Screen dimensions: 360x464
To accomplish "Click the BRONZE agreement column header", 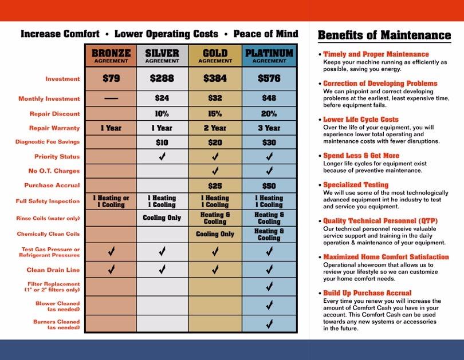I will coord(111,56).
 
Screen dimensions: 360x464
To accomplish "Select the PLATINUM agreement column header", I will coord(269,56).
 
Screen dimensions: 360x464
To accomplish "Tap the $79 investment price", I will coord(111,78).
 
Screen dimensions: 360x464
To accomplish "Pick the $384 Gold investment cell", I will coord(215,78).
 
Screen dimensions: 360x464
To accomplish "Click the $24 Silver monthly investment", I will coord(162,98).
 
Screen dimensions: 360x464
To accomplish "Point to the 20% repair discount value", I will coord(269,113).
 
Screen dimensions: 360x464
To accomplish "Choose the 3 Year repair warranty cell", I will coord(269,128).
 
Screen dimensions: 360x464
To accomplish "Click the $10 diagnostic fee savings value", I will coord(162,142).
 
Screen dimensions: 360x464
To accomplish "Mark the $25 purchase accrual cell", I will coord(215,186).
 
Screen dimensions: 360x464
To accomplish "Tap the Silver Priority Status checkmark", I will coord(162,156).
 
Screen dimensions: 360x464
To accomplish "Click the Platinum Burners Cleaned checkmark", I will coord(269,324).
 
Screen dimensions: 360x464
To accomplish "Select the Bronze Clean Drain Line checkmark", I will coord(111,270).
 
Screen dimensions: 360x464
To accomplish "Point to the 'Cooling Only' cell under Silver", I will coord(162,218).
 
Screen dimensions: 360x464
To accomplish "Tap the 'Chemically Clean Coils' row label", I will coord(49,234).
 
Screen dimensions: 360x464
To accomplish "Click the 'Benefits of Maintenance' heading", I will coord(384,35).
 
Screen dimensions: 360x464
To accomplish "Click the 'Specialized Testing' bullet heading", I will coord(356,185).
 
